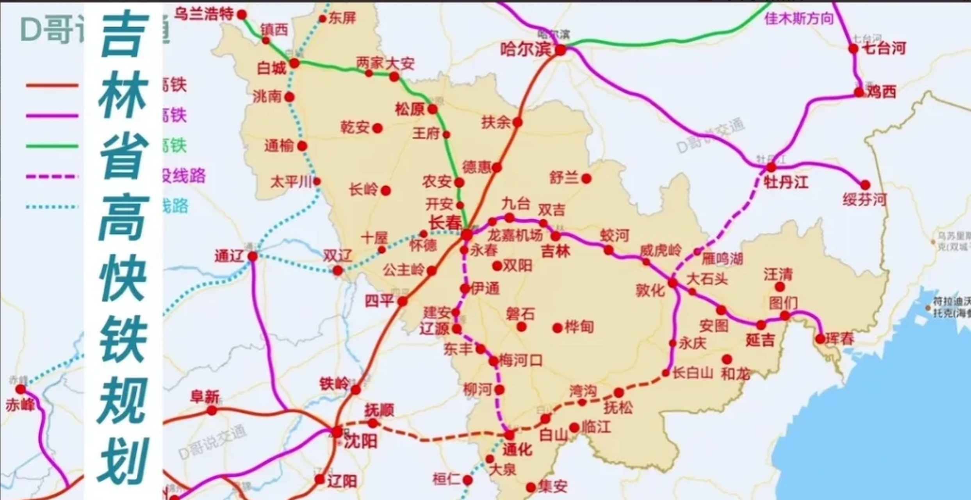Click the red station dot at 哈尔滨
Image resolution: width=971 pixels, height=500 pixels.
point(561,50)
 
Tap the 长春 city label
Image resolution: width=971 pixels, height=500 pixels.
point(445,223)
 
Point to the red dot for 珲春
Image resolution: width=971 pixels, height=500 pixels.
point(820,339)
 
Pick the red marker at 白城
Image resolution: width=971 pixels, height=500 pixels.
point(294,63)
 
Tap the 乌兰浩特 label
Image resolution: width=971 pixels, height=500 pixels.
point(203,14)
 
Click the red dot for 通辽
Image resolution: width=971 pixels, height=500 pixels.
point(253,257)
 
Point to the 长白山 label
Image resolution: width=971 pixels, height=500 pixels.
point(693,373)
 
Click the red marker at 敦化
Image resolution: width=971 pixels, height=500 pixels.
point(673,283)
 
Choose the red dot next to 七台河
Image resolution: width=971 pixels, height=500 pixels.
point(853,49)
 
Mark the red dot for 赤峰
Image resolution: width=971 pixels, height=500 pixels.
point(20,389)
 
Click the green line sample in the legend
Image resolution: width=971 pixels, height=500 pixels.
point(52,146)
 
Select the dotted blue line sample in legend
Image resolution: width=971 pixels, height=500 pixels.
point(52,206)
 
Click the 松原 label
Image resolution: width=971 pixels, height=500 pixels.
point(409,109)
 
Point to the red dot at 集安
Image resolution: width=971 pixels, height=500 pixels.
point(531,487)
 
